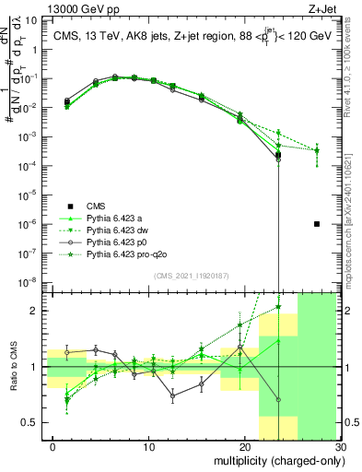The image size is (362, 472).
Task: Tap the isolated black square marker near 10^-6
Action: [316, 224]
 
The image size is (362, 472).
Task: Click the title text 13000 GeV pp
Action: [35, 6]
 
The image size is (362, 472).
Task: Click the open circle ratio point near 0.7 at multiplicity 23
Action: [278, 399]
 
